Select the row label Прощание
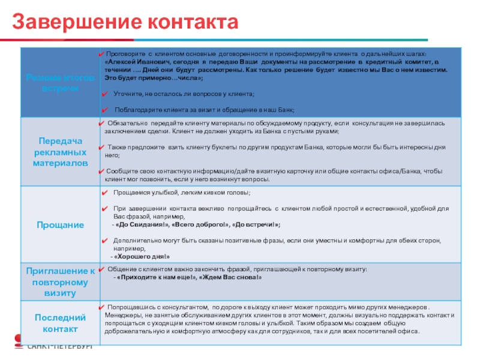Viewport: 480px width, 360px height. pos(59,224)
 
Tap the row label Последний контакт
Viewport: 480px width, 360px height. pos(59,323)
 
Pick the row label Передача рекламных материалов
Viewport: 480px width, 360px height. pos(59,151)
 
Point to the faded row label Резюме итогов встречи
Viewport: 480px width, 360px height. pos(59,83)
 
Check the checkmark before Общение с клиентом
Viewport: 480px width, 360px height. pos(102,269)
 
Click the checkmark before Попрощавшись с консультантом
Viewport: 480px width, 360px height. pos(102,306)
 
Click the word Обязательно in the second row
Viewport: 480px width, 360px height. pos(128,123)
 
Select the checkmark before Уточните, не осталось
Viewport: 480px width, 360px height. pos(104,94)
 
